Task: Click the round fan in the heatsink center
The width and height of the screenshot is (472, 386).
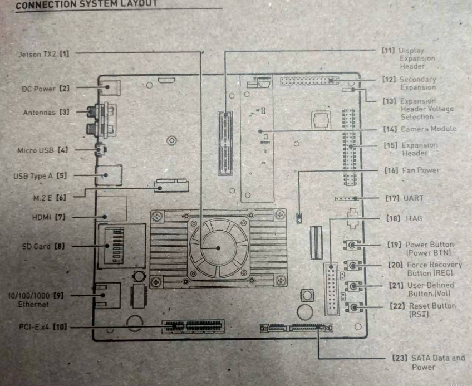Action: [218, 248]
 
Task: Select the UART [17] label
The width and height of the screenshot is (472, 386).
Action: [405, 198]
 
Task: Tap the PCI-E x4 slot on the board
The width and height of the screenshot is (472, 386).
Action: [193, 326]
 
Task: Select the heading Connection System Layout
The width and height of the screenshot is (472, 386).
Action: [86, 3]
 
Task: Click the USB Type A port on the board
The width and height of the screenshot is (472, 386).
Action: [107, 175]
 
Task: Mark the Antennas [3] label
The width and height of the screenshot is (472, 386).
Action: [46, 112]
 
